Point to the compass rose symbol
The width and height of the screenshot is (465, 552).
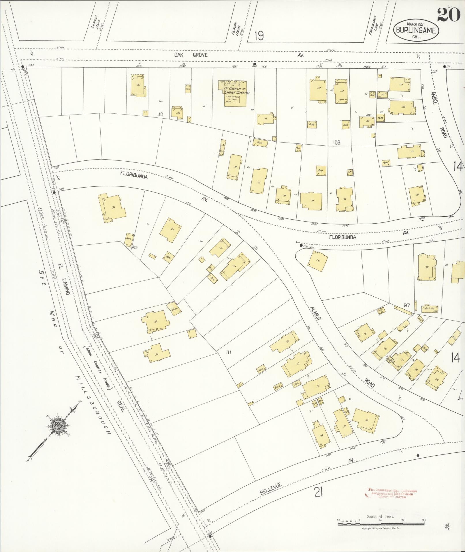[x=58, y=425]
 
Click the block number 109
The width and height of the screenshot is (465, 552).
[x=336, y=142]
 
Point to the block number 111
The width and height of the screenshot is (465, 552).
[x=229, y=352]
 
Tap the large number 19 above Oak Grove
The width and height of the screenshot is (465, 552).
[x=259, y=36]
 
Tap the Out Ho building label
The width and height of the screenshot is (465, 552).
[x=429, y=308]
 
